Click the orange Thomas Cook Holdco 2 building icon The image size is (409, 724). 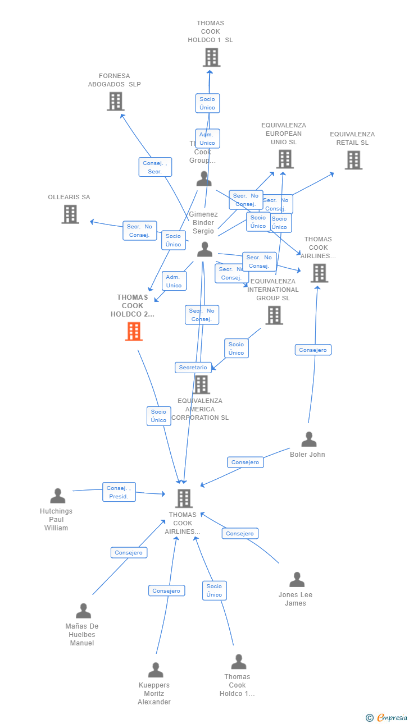134,331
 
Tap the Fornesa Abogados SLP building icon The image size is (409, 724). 115,101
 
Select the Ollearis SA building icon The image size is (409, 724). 70,214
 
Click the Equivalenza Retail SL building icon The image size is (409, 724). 353,160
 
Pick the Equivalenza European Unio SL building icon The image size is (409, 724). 284,159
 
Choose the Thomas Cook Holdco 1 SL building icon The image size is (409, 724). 211,57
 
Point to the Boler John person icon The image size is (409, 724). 308,439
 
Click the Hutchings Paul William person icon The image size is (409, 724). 57,496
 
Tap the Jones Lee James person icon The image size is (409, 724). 297,579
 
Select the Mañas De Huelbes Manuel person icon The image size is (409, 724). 83,611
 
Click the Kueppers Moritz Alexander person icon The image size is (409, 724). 155,670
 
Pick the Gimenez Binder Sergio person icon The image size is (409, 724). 204,249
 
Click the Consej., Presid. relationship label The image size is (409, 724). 119,492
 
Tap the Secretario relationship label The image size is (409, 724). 193,368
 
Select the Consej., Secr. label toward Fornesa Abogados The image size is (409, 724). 154,167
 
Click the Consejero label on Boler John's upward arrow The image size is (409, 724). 313,350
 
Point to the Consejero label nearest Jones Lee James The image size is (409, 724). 240,533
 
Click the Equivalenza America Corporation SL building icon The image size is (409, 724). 201,384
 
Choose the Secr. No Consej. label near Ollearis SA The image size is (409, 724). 139,231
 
